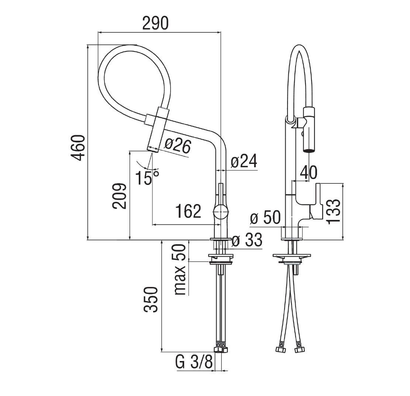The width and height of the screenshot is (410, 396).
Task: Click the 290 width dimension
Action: tap(155, 23)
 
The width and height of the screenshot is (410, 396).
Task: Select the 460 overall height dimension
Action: tap(78, 147)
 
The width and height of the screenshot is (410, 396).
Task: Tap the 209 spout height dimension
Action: tap(119, 196)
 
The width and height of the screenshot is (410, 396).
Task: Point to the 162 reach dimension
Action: tap(188, 211)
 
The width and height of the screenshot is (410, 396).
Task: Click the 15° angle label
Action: tap(147, 178)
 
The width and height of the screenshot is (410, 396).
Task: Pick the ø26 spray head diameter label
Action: tap(178, 147)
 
